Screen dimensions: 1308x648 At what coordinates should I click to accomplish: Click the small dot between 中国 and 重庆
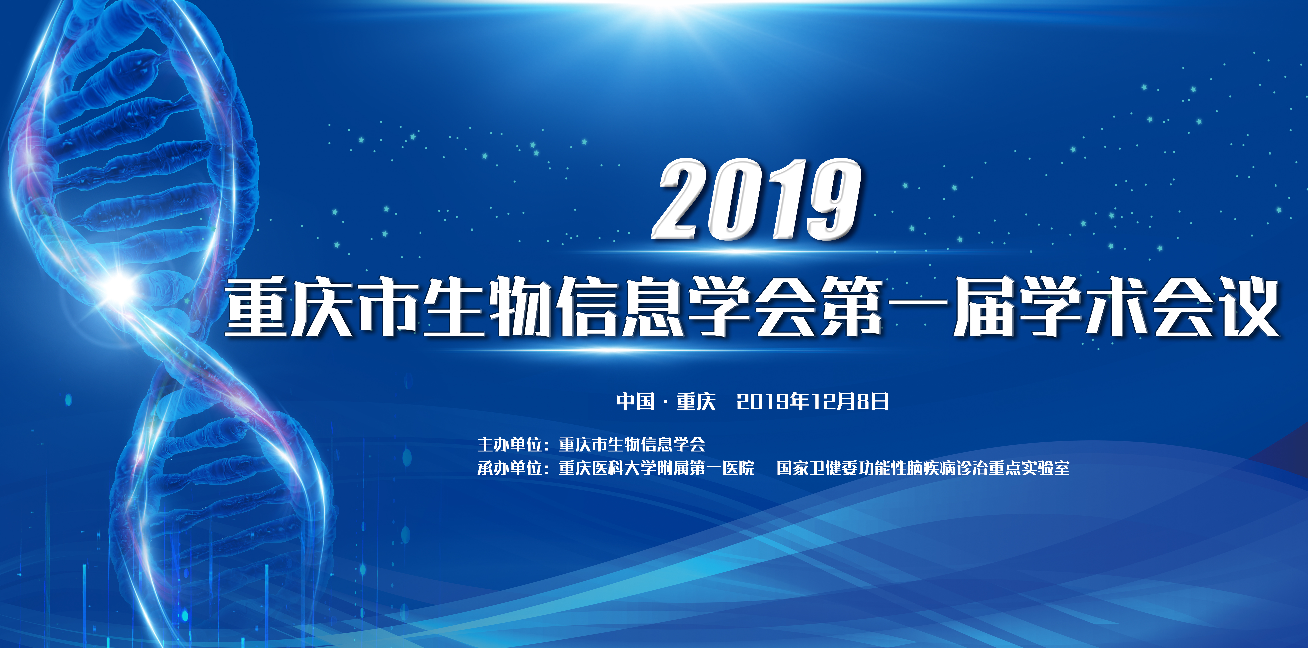tap(665, 402)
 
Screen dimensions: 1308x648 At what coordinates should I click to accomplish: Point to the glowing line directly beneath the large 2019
tap(757, 252)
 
